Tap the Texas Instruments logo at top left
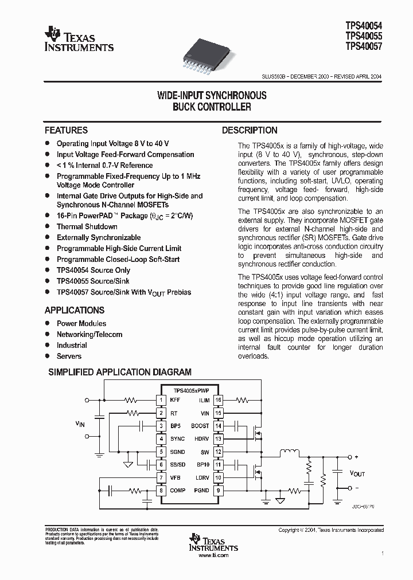tap(79, 39)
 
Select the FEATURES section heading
tap(66, 130)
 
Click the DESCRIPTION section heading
tap(250, 130)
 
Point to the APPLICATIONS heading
tap(75, 310)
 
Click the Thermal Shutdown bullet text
tap(87, 226)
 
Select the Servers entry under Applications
tap(69, 356)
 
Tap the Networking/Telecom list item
tap(89, 334)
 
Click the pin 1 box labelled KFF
tap(162, 400)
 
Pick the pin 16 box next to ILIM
tap(218, 400)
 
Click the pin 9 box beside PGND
tap(218, 491)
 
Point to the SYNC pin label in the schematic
tap(178, 439)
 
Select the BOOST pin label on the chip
tap(200, 426)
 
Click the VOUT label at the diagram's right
tap(357, 473)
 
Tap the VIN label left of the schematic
tap(80, 424)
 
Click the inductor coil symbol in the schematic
tap(289, 453)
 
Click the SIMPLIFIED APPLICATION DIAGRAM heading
tap(119, 372)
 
